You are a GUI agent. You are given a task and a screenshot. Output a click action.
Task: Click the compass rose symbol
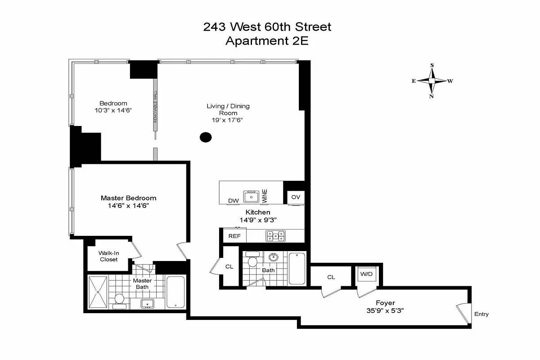point(432,81)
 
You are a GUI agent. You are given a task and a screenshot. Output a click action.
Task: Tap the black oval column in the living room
point(206,137)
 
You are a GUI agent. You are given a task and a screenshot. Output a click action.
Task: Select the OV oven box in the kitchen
point(296,197)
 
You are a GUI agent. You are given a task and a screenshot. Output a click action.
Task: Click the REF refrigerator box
point(234,236)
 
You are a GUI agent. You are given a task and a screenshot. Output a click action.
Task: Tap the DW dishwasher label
point(233,201)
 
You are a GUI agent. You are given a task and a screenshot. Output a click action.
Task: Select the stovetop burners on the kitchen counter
point(275,235)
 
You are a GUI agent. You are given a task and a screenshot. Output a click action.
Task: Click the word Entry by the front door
point(481,314)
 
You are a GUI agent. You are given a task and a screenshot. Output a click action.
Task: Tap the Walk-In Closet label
point(108,256)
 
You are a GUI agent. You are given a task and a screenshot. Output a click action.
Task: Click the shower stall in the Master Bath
point(98,292)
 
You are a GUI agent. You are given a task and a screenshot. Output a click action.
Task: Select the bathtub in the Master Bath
point(175,292)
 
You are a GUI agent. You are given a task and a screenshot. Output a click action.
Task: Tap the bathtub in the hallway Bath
point(297,269)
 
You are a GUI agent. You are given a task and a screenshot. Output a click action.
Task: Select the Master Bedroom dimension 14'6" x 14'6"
point(128,206)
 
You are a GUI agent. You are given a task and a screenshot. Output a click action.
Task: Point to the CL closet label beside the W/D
point(331,277)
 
